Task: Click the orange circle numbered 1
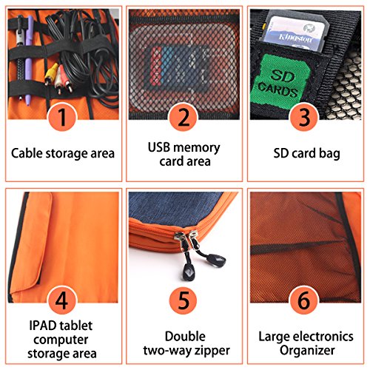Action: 63,118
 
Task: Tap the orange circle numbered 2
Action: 184,118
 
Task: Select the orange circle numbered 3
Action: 306,118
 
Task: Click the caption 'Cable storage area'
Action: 63,154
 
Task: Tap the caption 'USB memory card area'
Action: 184,155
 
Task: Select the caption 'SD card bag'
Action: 306,154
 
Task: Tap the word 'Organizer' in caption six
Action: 306,351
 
